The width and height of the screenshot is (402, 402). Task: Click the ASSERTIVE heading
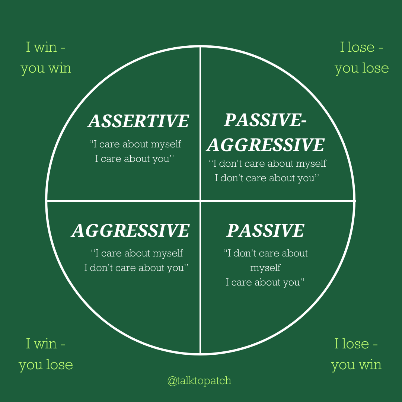tap(138, 121)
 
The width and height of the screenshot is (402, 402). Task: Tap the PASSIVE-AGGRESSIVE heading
tap(265, 133)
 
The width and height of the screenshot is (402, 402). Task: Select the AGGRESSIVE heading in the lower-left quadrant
tap(131, 230)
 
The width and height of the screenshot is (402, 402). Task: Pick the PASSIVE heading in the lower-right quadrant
tap(265, 230)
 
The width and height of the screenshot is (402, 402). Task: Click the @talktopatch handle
tap(199, 381)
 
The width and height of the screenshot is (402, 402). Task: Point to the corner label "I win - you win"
tap(46, 58)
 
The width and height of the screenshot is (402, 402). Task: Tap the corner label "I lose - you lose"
tap(361, 58)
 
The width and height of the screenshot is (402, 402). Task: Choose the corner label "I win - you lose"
tap(46, 354)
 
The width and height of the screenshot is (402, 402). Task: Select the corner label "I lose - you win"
tap(356, 354)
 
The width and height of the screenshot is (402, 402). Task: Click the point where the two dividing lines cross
tap(200, 201)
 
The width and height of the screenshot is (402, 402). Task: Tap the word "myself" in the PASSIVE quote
tap(265, 268)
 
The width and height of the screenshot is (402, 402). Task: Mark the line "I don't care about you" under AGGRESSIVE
tap(136, 268)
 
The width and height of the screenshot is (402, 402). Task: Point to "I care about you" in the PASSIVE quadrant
tap(265, 282)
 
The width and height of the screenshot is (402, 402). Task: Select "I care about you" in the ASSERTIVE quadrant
tap(135, 159)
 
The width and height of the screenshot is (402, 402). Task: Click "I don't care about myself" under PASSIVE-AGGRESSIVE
tap(267, 163)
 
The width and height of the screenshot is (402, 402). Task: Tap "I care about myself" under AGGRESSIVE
tap(137, 253)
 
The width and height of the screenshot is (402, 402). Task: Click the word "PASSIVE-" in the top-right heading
tap(265, 120)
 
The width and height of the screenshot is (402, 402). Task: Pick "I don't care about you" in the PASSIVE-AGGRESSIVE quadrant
tap(267, 178)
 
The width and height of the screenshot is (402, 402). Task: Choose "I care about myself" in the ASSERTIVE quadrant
tap(135, 144)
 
